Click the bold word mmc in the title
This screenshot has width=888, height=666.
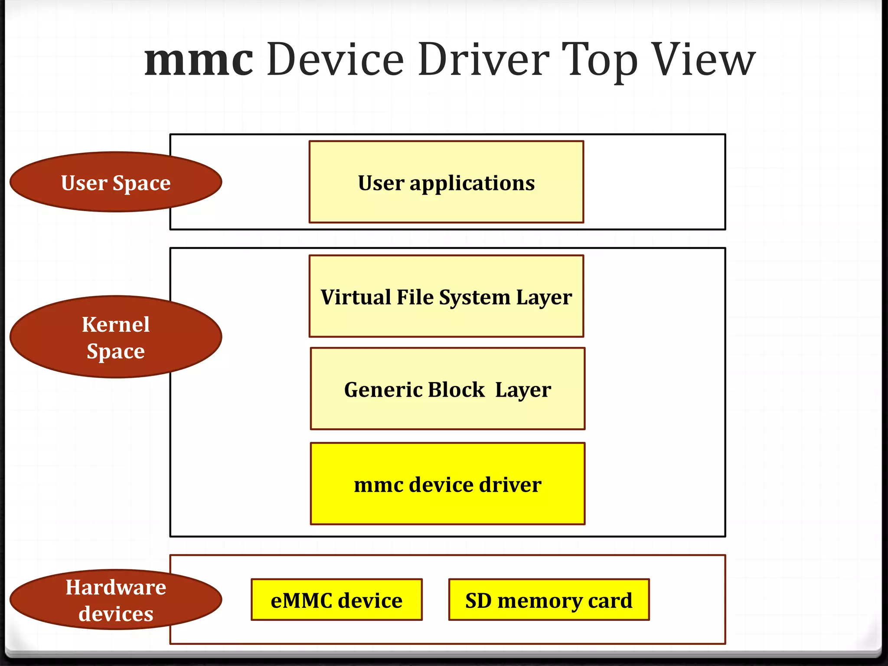(x=199, y=61)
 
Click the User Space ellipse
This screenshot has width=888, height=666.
(x=116, y=183)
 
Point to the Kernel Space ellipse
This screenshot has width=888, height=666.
(x=116, y=337)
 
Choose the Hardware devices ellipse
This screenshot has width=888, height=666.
(x=116, y=600)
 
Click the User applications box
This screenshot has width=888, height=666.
(x=446, y=182)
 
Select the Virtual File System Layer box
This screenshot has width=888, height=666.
(x=446, y=297)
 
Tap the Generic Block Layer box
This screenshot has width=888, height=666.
(x=447, y=389)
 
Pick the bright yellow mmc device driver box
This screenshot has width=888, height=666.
(x=447, y=484)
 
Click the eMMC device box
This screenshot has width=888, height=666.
(x=336, y=600)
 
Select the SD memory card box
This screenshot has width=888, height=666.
(x=548, y=600)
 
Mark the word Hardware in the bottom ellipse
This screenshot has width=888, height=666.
(x=116, y=588)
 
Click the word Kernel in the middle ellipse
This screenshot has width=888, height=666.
(x=116, y=324)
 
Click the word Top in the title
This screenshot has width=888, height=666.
(x=599, y=61)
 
